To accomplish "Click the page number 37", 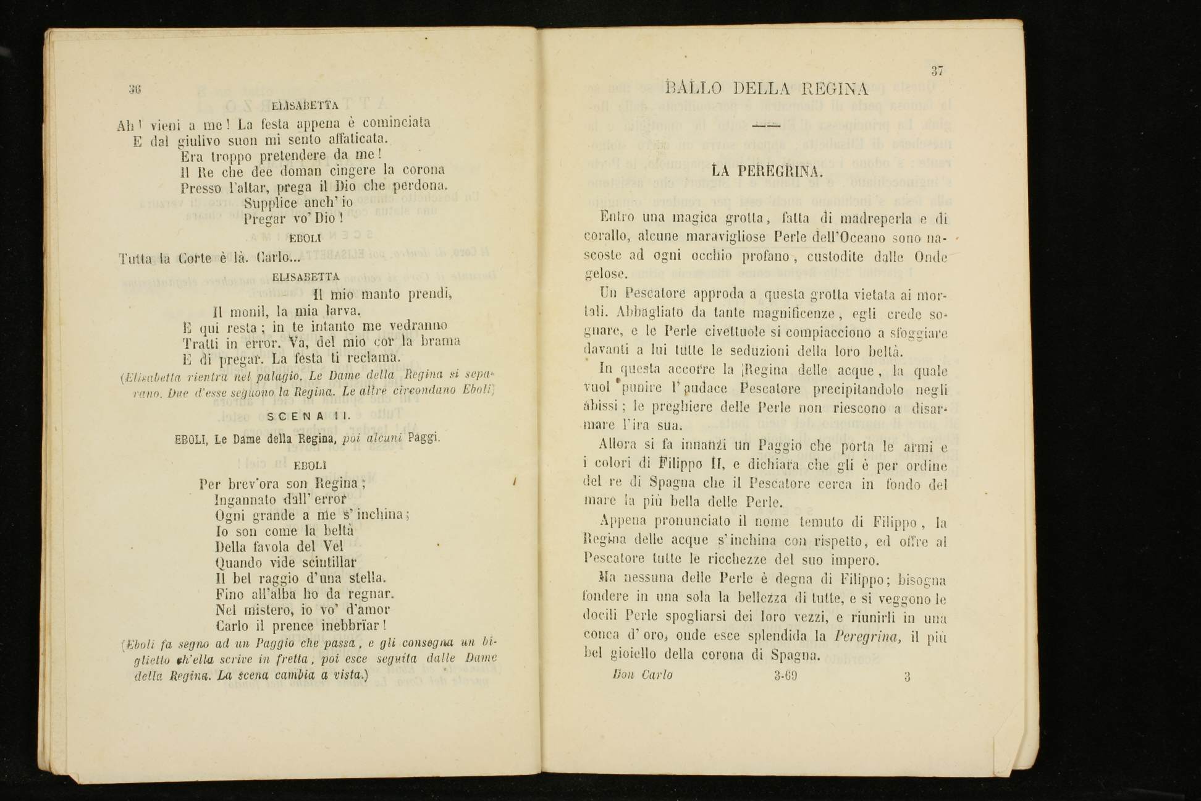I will point(937,70).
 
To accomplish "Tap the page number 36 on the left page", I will point(135,89).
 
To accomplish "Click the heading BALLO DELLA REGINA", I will point(767,89).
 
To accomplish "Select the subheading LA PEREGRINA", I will point(767,171).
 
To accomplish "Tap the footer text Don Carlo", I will point(642,675).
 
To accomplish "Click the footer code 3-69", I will point(785,676).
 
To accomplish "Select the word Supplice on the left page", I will point(271,203).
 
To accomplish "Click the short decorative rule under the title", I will point(767,125).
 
